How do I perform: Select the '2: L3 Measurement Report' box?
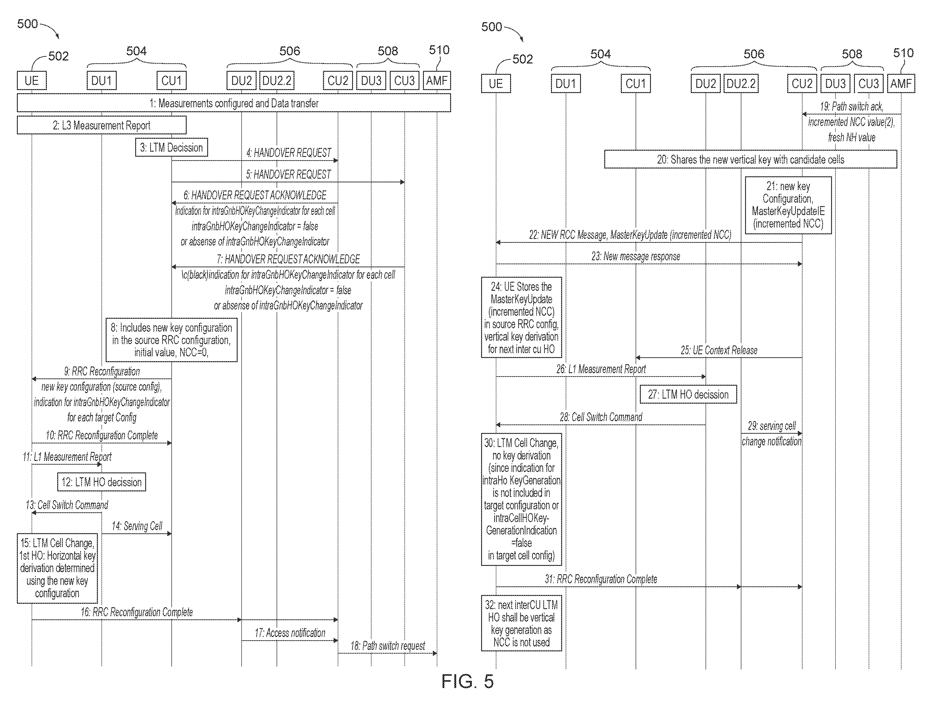click(102, 125)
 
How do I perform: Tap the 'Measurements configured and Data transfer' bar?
click(234, 103)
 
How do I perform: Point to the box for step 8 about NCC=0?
click(171, 340)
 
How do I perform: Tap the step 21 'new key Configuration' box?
click(788, 205)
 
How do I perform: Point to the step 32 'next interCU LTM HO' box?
click(521, 623)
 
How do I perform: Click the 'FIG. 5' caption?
click(467, 681)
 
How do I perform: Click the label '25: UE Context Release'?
click(719, 350)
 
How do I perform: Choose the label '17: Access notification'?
click(290, 633)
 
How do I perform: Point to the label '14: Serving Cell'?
click(137, 526)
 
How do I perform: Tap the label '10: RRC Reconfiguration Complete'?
click(102, 435)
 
